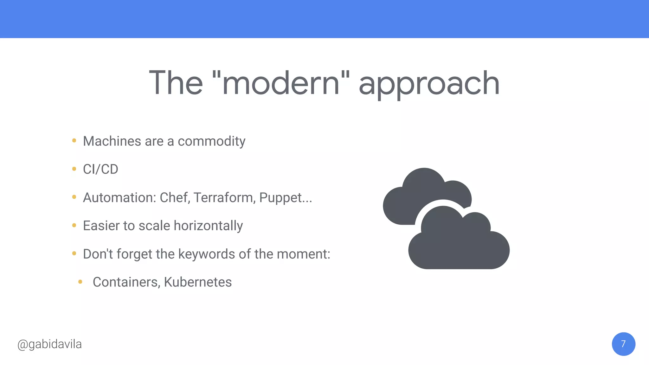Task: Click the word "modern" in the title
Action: [281, 83]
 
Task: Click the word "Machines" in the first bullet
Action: [112, 141]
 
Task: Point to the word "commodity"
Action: [211, 142]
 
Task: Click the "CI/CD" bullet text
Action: [100, 170]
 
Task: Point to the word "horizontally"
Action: [208, 226]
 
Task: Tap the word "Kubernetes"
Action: [198, 282]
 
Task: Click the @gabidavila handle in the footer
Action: [50, 344]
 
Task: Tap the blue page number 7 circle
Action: [623, 344]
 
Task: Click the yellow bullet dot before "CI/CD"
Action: [74, 169]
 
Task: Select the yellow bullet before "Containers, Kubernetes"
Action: [80, 282]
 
